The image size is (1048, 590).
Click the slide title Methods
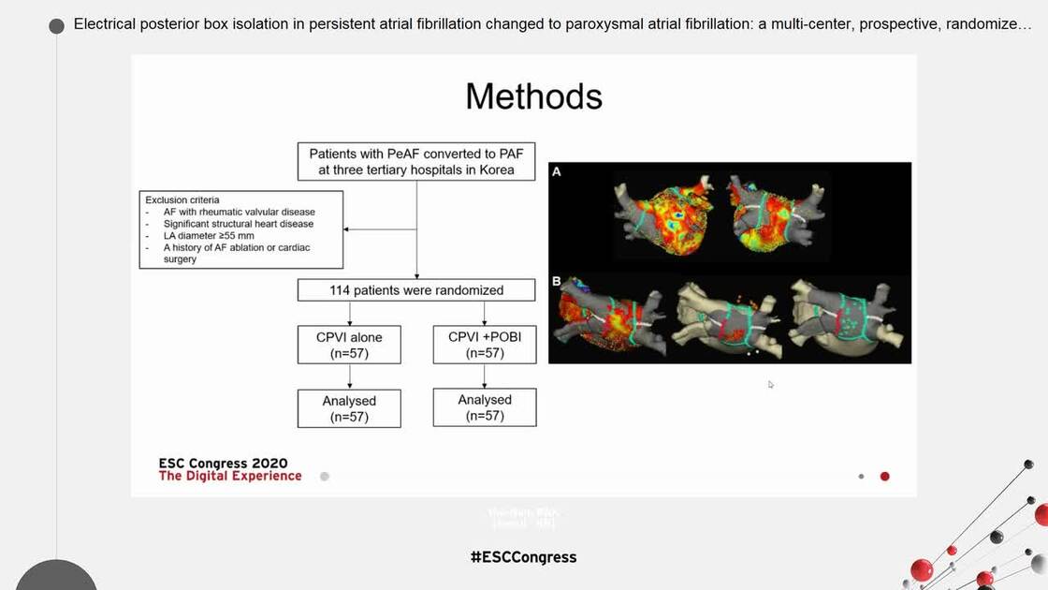(x=533, y=96)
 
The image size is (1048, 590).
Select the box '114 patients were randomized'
(x=416, y=290)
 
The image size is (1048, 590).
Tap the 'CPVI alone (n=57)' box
(x=349, y=345)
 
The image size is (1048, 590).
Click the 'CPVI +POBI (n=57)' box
(x=484, y=344)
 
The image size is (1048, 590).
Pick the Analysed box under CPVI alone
(x=349, y=408)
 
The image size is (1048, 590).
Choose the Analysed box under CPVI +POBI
(x=485, y=407)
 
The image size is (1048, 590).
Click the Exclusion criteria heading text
(x=182, y=199)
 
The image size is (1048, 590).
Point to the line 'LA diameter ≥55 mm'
(x=208, y=236)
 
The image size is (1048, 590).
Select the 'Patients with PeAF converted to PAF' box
(x=416, y=161)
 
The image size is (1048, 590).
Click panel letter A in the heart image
(x=556, y=172)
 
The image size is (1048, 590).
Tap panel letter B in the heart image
(x=556, y=281)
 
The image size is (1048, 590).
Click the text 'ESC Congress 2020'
(x=223, y=463)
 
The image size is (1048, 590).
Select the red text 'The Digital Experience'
(x=230, y=476)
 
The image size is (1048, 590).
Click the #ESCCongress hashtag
(x=523, y=557)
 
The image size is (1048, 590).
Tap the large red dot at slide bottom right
(x=884, y=477)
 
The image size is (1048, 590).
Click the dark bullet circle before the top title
(x=57, y=25)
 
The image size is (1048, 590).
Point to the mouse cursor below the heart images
(x=771, y=384)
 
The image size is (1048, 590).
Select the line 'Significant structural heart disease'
(x=238, y=224)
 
